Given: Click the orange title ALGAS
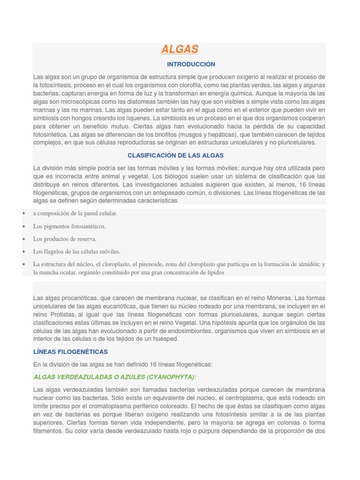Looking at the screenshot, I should (180, 49).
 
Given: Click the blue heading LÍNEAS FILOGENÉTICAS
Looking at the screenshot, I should (70, 352).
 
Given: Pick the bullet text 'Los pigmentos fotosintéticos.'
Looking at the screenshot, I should (69, 226).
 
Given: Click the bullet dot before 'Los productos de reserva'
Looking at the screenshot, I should (23, 239).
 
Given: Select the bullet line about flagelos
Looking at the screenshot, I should (77, 252).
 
